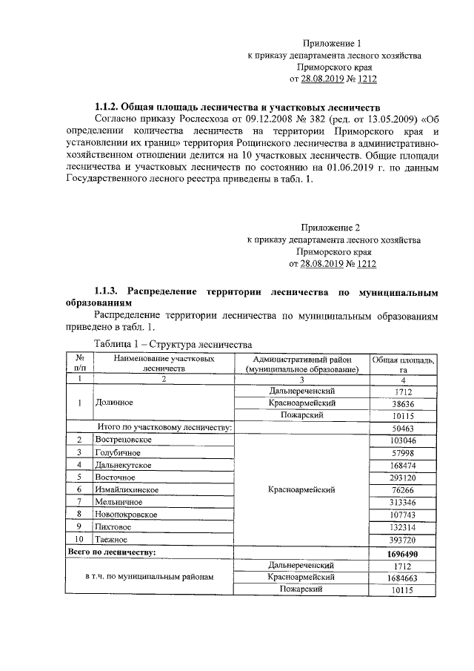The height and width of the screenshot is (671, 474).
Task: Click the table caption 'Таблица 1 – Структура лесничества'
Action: click(173, 344)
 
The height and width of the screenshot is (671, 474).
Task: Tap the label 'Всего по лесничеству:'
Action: click(112, 552)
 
